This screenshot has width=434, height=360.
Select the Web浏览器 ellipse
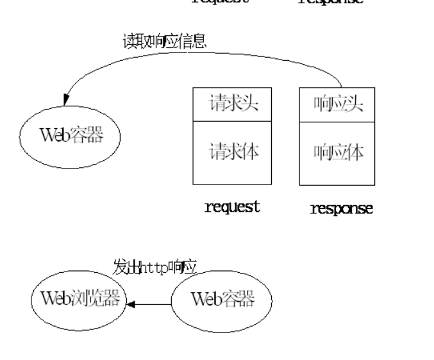pyautogui.click(x=79, y=299)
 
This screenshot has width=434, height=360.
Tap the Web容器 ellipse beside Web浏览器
pyautogui.click(x=221, y=299)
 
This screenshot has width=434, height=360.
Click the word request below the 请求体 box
pyautogui.click(x=231, y=206)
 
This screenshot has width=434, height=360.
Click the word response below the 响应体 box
pyautogui.click(x=341, y=209)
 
